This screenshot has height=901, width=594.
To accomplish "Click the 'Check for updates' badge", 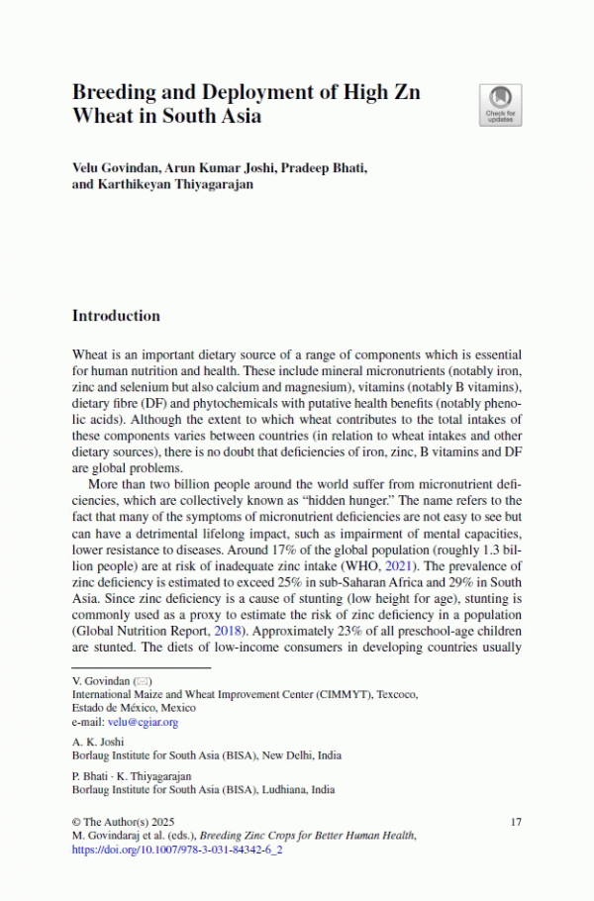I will (x=500, y=105).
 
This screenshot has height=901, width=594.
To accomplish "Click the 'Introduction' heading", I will (x=116, y=317).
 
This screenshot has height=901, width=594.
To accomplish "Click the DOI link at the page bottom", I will (x=171, y=850).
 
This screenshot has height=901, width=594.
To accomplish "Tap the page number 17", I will (x=515, y=822).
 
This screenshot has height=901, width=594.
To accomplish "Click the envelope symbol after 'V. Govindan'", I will (x=141, y=681).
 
